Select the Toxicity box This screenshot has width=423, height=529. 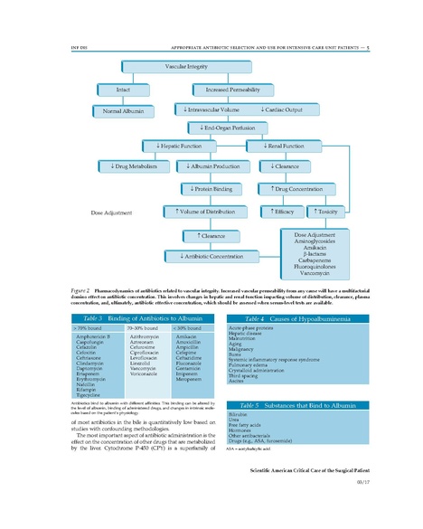[324, 212]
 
